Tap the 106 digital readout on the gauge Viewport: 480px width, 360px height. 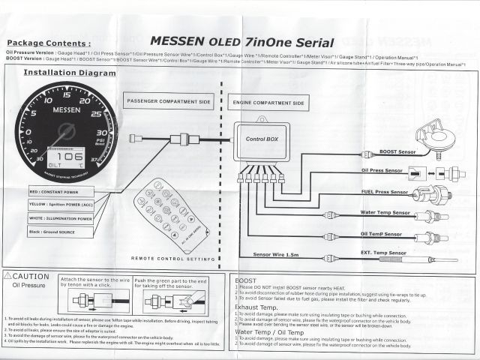click(x=67, y=148)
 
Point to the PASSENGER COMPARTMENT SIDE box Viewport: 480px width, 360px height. click(x=169, y=101)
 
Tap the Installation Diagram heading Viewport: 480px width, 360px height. click(x=70, y=73)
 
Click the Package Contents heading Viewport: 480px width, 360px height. click(x=51, y=44)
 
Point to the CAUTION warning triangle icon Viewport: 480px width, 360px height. click(x=10, y=277)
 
